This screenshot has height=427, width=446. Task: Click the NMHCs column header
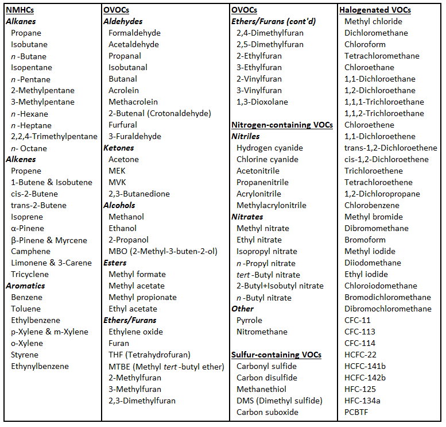tap(18, 10)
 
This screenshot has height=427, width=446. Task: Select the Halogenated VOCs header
tap(375, 10)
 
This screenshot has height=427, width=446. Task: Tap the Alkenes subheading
tap(21, 159)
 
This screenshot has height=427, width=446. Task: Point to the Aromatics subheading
tap(25, 286)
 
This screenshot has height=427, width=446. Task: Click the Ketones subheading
tap(119, 148)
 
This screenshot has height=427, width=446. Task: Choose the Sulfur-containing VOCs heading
tap(276, 355)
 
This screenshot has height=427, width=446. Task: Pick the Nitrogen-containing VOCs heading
tap(281, 125)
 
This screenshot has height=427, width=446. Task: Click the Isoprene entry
tap(26, 217)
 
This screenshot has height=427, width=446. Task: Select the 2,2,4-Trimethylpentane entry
tap(54, 136)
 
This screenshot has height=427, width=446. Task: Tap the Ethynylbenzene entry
tap(40, 366)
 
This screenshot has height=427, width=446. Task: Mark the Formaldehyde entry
tap(134, 33)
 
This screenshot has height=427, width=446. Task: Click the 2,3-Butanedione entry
tap(139, 194)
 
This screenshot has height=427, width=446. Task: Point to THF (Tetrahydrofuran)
tap(149, 355)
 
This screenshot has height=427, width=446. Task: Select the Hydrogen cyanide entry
tap(269, 148)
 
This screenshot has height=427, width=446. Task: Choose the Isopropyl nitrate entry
tap(266, 251)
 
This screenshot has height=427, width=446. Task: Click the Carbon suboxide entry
tap(267, 412)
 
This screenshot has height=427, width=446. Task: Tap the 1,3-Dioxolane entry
tap(262, 102)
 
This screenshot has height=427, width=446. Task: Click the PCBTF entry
tap(357, 412)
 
